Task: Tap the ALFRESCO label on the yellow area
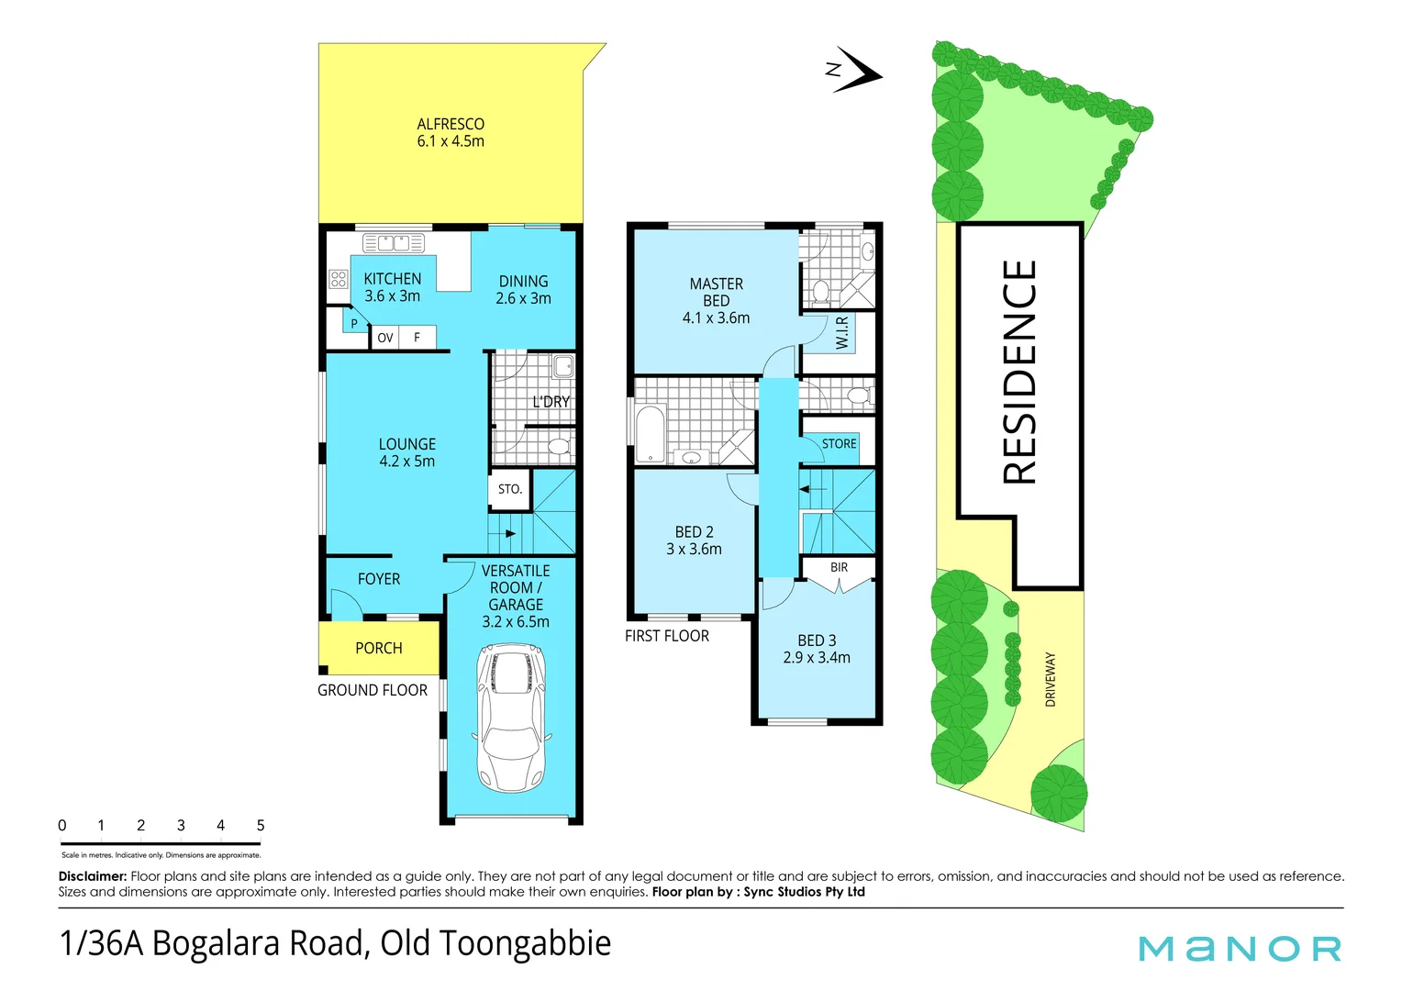click(451, 124)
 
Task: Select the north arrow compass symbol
click(855, 71)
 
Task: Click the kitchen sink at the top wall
click(394, 243)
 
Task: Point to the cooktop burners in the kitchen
click(338, 279)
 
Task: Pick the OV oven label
click(385, 338)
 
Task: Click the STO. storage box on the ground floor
click(509, 489)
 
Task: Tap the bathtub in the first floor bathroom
click(650, 433)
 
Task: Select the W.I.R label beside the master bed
click(842, 332)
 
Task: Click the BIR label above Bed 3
click(839, 567)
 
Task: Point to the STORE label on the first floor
click(839, 443)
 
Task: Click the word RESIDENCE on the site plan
click(1019, 372)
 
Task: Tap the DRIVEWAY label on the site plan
click(1050, 679)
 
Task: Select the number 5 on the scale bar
click(261, 825)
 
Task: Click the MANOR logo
click(1240, 948)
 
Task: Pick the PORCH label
click(378, 648)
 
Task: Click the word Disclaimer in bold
click(92, 876)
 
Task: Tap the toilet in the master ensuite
click(821, 292)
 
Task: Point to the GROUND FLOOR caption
click(373, 690)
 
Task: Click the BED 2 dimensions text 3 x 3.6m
click(694, 549)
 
